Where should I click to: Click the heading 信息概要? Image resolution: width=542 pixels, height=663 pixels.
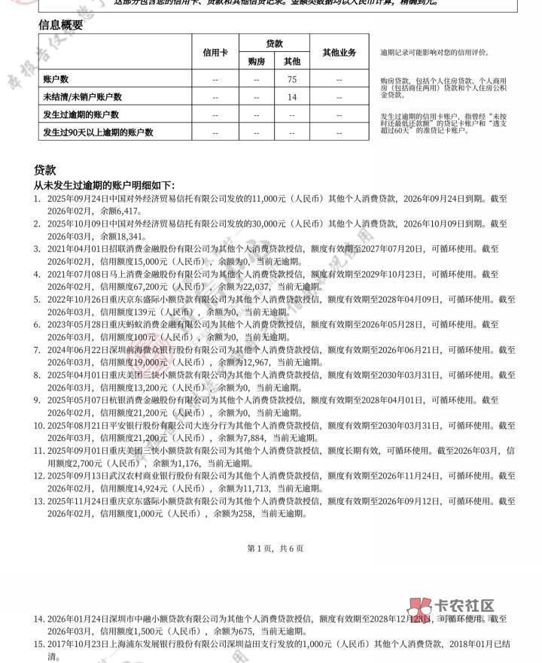click(x=61, y=25)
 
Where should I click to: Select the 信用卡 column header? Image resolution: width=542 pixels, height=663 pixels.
click(x=215, y=53)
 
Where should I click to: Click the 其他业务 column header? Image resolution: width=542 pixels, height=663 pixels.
click(x=339, y=53)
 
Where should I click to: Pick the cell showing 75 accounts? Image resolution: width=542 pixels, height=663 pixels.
click(x=292, y=79)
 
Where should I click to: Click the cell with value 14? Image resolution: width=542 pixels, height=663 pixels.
click(x=292, y=97)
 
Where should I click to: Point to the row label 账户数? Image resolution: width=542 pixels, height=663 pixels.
click(x=56, y=79)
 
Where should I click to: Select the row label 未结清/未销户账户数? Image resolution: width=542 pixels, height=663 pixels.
click(x=82, y=97)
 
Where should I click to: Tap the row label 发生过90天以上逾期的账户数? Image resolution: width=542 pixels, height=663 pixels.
click(x=98, y=132)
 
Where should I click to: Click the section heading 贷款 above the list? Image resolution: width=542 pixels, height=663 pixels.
click(x=44, y=170)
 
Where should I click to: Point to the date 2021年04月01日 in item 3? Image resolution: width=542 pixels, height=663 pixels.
click(x=78, y=249)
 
